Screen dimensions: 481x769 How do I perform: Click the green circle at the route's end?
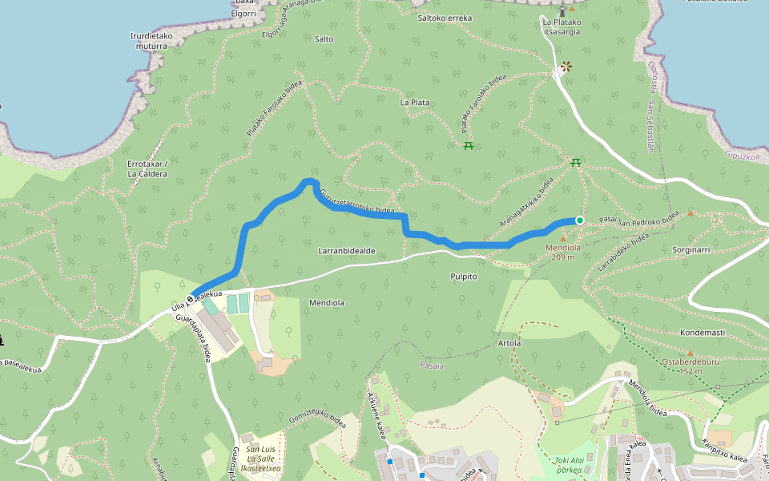coord(579,220)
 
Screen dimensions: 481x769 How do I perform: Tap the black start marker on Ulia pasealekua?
coord(190,299)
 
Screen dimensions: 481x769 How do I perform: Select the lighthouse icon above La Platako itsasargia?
coord(562,10)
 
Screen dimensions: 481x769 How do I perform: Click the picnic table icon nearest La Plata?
coord(469,145)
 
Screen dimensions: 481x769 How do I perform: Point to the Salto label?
coord(324,38)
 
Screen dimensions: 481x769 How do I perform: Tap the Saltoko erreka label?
coord(445,18)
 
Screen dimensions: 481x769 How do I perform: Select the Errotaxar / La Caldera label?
coord(147,168)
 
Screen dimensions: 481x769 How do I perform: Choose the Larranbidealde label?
coord(347,251)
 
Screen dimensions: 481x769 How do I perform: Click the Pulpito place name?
coord(464,277)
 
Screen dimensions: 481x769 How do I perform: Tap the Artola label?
coord(509,343)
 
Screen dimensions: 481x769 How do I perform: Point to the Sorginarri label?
coord(691,250)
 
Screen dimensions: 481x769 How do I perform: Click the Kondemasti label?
coord(702,332)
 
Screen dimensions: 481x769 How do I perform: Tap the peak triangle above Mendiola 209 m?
coord(562,238)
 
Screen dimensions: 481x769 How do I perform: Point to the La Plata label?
coord(415,103)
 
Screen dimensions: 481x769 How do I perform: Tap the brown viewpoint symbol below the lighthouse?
coord(567,67)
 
